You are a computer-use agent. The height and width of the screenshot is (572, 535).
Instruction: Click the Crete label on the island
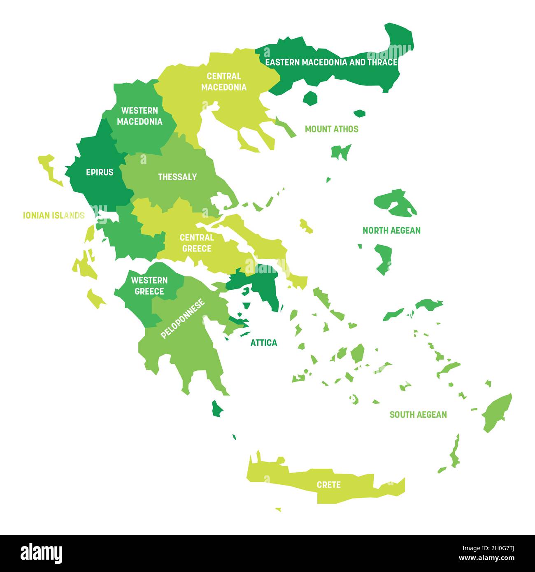pos(328,485)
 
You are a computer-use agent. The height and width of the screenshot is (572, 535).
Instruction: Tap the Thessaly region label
pos(177,177)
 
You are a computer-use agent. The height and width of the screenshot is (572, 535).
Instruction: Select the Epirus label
pos(100,172)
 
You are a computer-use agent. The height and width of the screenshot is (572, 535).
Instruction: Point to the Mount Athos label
pos(331,129)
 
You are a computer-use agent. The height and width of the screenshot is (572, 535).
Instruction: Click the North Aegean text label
pos(391,230)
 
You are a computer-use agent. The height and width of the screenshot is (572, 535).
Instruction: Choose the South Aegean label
pos(418,414)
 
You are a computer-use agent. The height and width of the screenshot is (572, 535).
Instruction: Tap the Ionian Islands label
pos(53,215)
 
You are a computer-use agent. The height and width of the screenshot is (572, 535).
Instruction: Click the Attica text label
pos(264,342)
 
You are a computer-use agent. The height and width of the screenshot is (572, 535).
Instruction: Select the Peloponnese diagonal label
pos(183,319)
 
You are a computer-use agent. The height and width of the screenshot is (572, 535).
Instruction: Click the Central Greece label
pos(197,243)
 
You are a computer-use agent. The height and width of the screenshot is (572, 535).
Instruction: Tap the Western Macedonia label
pos(140,116)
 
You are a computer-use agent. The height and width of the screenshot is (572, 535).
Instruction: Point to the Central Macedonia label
pos(224,81)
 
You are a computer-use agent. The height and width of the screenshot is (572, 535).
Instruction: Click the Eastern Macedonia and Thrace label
pos(331,62)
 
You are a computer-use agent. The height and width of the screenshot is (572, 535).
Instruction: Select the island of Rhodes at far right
pos(497,413)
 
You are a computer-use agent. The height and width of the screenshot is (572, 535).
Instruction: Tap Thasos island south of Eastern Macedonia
pos(310,98)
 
